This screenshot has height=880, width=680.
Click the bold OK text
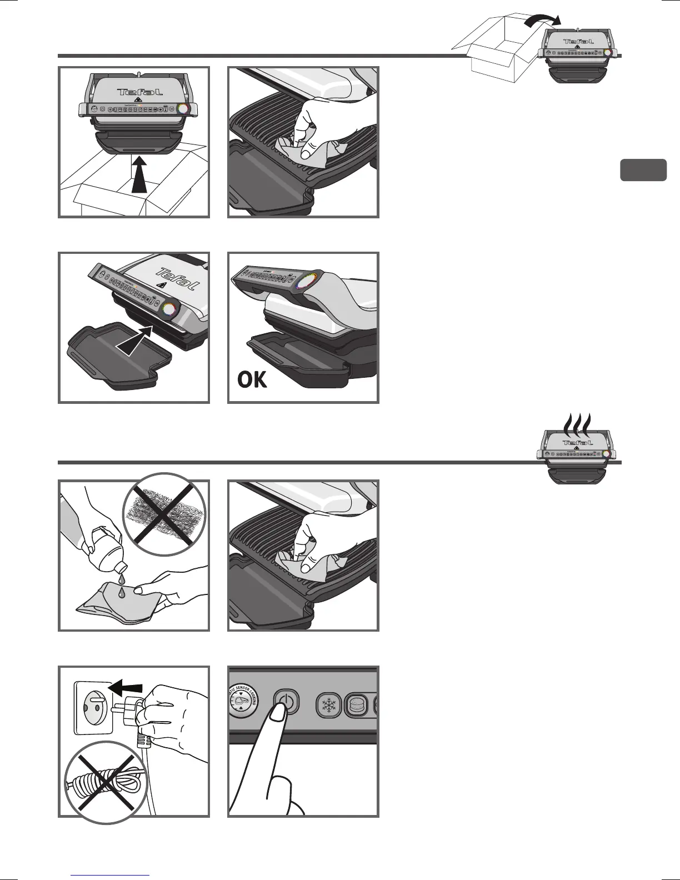252,380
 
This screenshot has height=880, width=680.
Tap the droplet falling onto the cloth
121,592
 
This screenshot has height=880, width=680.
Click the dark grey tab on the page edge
643,170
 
